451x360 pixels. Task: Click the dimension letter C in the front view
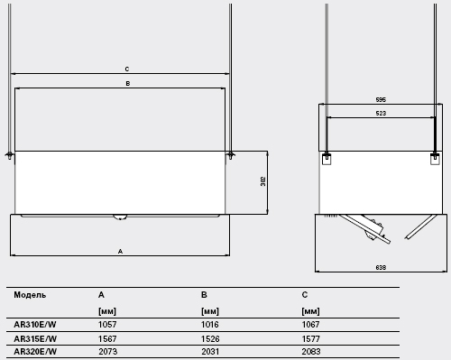pyautogui.click(x=127, y=69)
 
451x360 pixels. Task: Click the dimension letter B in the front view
pyautogui.click(x=128, y=84)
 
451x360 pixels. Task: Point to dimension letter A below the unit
pyautogui.click(x=120, y=252)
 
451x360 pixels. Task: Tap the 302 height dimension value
pyautogui.click(x=263, y=181)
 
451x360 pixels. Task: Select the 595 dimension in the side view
pyautogui.click(x=381, y=99)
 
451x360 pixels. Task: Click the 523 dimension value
pyautogui.click(x=381, y=114)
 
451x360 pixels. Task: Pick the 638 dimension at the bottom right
pyautogui.click(x=381, y=267)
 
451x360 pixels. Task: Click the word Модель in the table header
pyautogui.click(x=30, y=295)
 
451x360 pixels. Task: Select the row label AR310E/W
pyautogui.click(x=35, y=325)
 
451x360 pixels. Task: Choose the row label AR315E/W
pyautogui.click(x=35, y=339)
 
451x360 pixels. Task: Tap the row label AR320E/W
pyautogui.click(x=35, y=351)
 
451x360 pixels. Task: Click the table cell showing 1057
pyautogui.click(x=107, y=325)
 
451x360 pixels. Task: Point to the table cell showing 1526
pyautogui.click(x=210, y=339)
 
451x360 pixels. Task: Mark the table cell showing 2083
pyautogui.click(x=311, y=351)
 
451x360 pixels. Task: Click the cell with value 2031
pyautogui.click(x=210, y=351)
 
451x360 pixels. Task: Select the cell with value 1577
pyautogui.click(x=311, y=339)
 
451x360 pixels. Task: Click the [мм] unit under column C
pyautogui.click(x=310, y=311)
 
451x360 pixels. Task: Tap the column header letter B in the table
pyautogui.click(x=204, y=295)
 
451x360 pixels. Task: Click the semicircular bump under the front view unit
pyautogui.click(x=120, y=217)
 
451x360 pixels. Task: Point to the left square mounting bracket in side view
pyautogui.click(x=327, y=159)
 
